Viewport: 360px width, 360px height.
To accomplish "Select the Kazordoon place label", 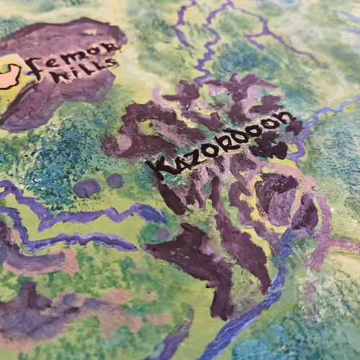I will (220, 143).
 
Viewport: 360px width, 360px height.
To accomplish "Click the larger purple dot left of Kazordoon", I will (87, 188).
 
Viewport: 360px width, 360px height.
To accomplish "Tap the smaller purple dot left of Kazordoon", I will (115, 180).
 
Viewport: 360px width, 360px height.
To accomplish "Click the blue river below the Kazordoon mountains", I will (245, 317).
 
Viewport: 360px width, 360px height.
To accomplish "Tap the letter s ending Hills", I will (111, 64).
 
